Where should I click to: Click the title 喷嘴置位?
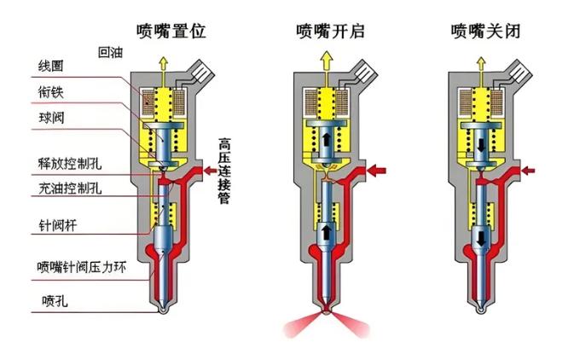(171, 31)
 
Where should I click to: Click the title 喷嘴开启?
(330, 31)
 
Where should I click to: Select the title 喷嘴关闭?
(485, 31)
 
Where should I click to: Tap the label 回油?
(111, 52)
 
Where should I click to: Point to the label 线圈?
(51, 66)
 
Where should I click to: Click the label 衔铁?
(51, 92)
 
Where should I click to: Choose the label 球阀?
(52, 118)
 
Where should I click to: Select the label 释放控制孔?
(70, 164)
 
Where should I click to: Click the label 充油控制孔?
(70, 189)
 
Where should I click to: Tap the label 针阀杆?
(58, 225)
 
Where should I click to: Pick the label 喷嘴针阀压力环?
(82, 267)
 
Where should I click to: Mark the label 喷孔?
(55, 300)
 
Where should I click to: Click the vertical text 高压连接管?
(224, 171)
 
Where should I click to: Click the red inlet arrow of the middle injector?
(376, 171)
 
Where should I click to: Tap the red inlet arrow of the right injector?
(528, 171)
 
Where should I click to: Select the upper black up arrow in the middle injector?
(327, 139)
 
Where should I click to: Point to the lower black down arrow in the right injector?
(481, 238)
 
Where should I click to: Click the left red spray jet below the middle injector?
(301, 324)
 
